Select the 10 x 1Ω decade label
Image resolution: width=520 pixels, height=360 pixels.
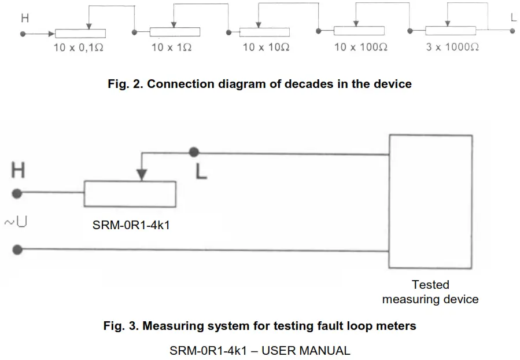[171, 47]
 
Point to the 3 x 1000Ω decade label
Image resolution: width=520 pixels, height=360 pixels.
[452, 47]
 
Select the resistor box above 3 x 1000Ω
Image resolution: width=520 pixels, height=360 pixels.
[450, 31]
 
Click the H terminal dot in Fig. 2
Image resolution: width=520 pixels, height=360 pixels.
[23, 34]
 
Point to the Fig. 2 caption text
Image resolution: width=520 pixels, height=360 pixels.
[260, 84]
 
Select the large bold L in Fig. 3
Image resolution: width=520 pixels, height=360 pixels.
[201, 171]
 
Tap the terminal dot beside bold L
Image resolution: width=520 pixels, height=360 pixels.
[194, 152]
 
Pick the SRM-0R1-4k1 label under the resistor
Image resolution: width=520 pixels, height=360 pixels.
[131, 226]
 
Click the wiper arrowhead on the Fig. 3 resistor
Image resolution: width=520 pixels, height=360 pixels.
[141, 174]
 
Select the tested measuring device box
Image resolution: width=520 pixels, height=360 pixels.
[430, 201]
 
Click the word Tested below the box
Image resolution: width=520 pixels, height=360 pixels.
[430, 285]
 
